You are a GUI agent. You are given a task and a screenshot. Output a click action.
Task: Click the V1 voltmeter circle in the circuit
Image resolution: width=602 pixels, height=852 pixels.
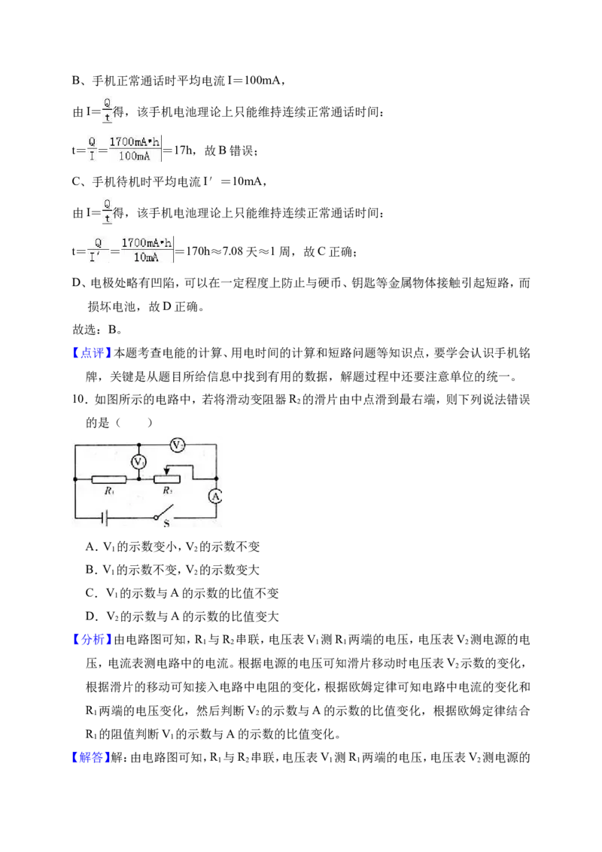coord(138,462)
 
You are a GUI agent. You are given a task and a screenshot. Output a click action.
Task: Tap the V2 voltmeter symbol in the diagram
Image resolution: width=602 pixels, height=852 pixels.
coord(177,445)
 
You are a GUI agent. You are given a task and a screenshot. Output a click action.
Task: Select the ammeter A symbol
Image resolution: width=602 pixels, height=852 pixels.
coord(216,496)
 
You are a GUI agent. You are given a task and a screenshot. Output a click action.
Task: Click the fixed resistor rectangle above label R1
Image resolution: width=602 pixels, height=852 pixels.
coord(109,479)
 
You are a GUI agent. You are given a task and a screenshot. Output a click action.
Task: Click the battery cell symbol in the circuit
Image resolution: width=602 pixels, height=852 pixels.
coord(105,518)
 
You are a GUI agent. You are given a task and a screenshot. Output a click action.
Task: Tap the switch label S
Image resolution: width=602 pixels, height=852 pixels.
coord(166,523)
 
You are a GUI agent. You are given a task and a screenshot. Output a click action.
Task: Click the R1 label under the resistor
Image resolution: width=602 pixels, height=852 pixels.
coord(109,491)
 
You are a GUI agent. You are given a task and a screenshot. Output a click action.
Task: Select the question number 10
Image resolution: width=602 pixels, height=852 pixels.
coord(79,400)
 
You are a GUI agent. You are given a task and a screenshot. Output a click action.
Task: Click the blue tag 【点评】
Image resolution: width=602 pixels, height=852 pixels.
coord(91,353)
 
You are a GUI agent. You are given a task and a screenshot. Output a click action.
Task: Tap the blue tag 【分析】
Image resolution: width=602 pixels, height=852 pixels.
coord(91,640)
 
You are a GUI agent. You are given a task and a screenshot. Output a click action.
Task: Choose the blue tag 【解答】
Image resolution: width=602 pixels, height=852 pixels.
coord(90,757)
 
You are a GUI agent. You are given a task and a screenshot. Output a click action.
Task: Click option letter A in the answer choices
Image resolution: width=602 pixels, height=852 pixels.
coord(91,546)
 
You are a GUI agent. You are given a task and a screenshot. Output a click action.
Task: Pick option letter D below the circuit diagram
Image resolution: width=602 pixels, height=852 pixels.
coord(91,616)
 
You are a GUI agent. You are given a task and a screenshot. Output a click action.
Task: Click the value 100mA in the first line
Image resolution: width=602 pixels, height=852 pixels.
coord(262,81)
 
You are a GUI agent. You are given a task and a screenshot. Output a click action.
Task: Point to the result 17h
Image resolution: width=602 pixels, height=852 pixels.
coord(183,151)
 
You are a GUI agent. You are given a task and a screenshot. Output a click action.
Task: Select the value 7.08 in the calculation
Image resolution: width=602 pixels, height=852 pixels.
coord(233,251)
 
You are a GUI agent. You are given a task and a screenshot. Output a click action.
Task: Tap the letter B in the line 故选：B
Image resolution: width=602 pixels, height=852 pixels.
coord(112,330)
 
